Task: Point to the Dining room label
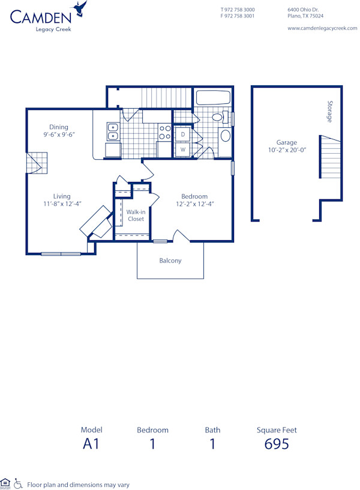coord(59,127)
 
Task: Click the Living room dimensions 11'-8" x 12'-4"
coord(62,204)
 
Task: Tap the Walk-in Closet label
coord(136,215)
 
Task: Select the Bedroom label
coord(195,196)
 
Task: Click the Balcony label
coord(170,261)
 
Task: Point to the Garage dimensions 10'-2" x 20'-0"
coord(287,151)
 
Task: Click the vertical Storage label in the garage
coord(329,112)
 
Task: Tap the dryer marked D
coord(183,135)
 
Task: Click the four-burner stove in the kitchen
coord(164,132)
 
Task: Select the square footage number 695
coord(277,444)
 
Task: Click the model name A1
coord(91,444)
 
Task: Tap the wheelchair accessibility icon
coord(19,483)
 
